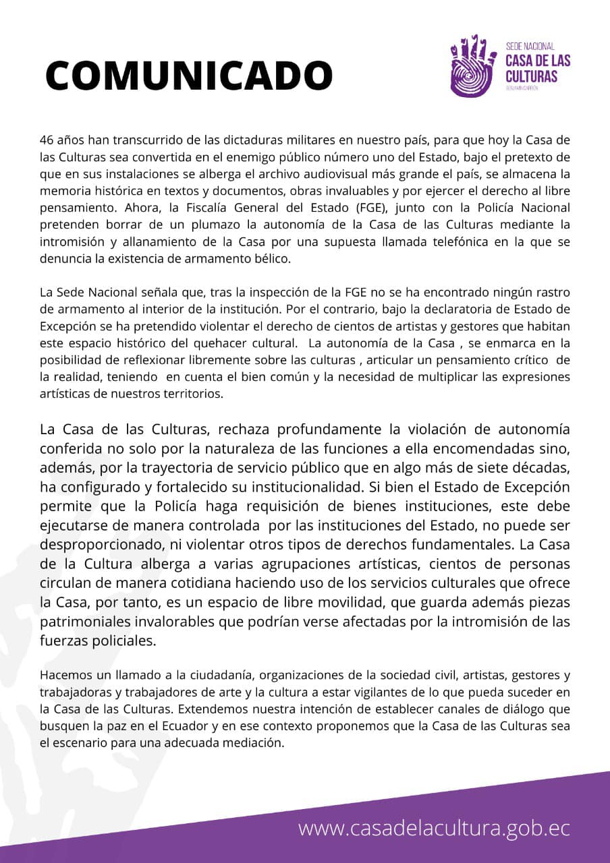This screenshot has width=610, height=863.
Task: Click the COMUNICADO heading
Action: coord(188,75)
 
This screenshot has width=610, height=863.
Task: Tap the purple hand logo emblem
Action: coord(474,65)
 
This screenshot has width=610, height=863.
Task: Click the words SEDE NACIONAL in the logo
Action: coord(530,47)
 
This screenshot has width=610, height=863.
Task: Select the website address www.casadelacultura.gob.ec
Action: coord(434,828)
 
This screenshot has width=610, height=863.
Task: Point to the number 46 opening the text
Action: coord(47,140)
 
